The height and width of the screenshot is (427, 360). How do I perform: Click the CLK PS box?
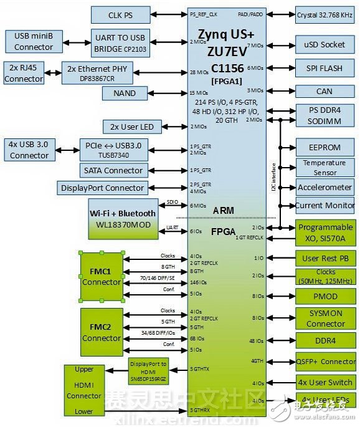[120, 14]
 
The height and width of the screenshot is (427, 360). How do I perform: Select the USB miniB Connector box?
[34, 41]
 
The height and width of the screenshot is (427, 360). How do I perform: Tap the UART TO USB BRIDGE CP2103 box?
[121, 41]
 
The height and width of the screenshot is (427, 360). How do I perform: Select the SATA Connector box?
[114, 170]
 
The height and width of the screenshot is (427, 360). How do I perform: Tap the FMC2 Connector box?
[102, 332]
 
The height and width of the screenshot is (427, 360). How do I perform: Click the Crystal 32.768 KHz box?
[324, 14]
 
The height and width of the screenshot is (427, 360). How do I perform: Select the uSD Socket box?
[324, 45]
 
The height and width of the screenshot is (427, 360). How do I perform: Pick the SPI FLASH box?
[324, 68]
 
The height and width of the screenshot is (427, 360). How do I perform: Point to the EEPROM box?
[324, 148]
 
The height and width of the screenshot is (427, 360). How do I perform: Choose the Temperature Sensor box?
[324, 168]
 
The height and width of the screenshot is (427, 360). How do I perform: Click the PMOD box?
[324, 297]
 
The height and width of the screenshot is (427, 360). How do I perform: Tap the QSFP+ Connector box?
[324, 361]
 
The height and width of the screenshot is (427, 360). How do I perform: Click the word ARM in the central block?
[224, 211]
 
